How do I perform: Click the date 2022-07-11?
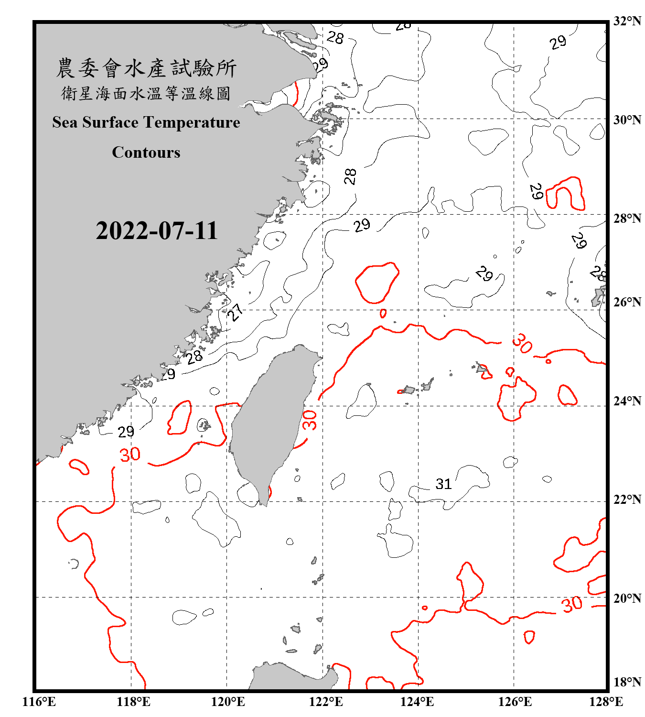pos(157,230)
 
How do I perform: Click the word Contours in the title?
pos(146,152)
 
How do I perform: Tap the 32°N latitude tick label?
pos(627,21)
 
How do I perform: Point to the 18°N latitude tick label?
pos(627,682)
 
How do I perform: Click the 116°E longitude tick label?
pos(39,702)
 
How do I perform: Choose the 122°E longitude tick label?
pos(326,702)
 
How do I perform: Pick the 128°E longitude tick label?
pos(606,702)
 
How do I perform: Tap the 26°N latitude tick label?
pos(627,302)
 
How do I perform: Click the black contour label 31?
pos(443,484)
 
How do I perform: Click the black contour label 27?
pos(235,313)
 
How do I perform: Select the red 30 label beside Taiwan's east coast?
pos(310,420)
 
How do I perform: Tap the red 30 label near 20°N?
pos(572,604)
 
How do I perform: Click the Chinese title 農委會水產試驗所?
pos(146,68)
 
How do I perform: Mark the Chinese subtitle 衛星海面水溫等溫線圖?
pos(146,93)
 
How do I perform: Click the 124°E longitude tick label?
pos(417,702)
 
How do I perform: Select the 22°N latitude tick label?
pos(627,500)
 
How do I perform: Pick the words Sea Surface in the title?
pos(96,122)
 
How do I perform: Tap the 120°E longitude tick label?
pos(228,702)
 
